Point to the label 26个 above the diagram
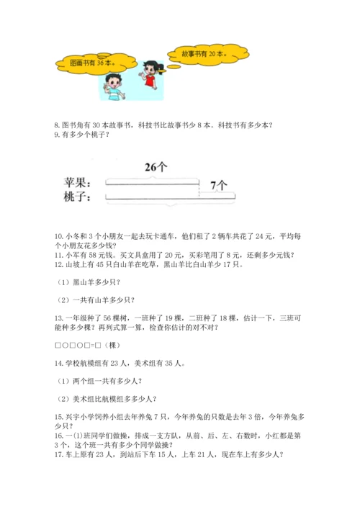point(155,167)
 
